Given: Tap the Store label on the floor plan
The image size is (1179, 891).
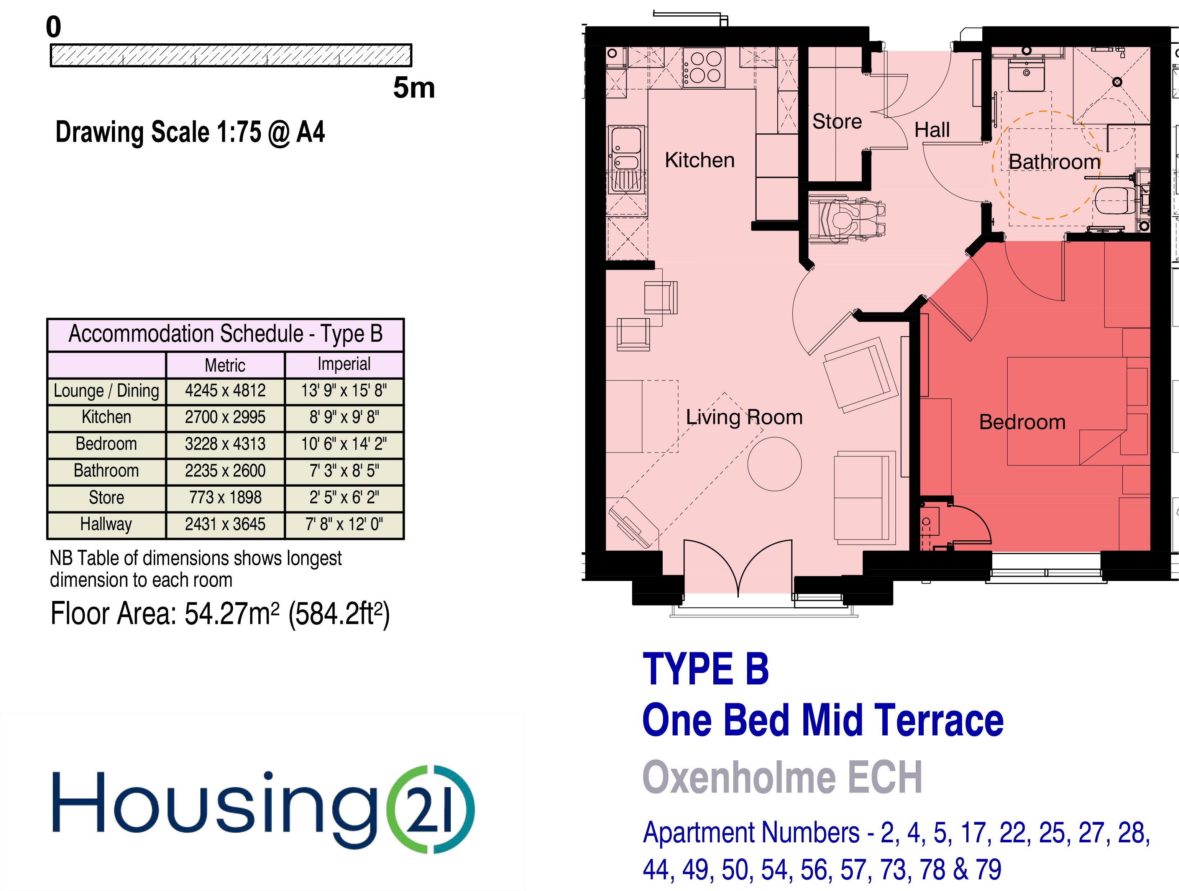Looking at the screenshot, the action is [x=837, y=121].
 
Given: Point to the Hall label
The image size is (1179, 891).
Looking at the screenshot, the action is [x=932, y=130].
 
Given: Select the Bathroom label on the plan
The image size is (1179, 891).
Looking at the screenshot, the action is [x=1054, y=161].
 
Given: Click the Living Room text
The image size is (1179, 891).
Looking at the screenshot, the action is [x=744, y=417].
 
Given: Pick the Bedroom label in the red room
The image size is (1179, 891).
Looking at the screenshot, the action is [x=1022, y=422].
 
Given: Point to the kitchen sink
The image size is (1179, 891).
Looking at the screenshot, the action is [x=627, y=159].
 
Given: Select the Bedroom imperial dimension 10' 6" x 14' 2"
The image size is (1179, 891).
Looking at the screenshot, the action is [x=344, y=443].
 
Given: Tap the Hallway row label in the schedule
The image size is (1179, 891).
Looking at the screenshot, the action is [x=106, y=524].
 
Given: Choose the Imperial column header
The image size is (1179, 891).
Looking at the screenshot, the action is [x=344, y=364].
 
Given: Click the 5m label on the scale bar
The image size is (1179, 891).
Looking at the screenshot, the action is [x=414, y=88].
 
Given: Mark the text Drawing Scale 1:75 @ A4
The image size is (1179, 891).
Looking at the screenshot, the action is [x=190, y=132].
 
